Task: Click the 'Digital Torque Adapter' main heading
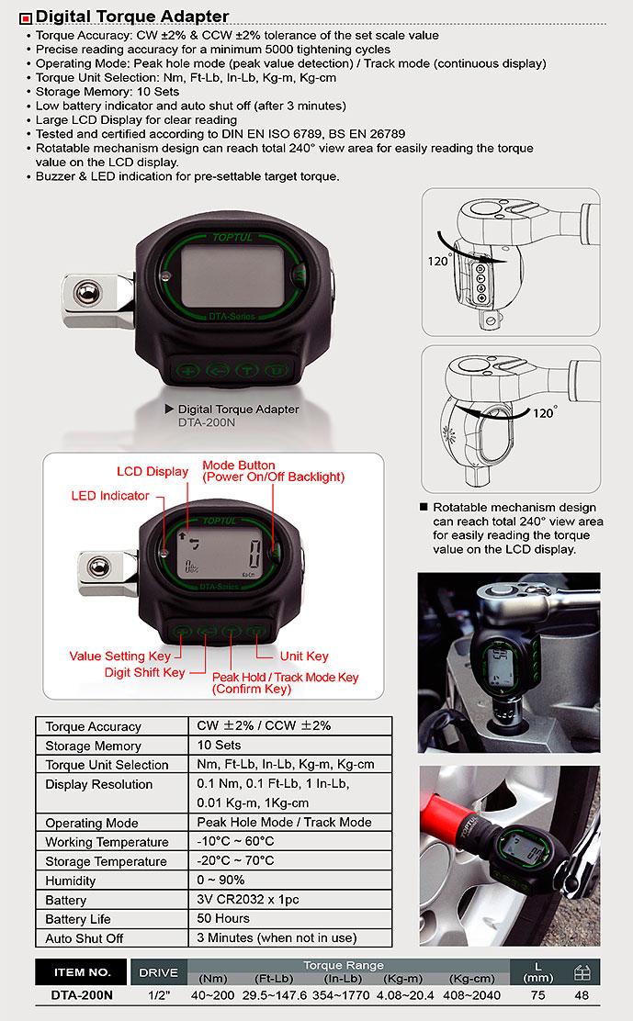131,16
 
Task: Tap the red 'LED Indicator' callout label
109,496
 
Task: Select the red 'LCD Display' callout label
152,472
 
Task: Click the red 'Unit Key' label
304,656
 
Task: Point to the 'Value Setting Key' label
119,656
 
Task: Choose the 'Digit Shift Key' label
143,673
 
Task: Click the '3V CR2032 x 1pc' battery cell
247,900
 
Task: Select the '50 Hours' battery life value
223,919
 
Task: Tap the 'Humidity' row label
71,881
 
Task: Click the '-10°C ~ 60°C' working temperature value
235,842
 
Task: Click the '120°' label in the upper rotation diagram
439,262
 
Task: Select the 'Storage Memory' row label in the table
94,746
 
